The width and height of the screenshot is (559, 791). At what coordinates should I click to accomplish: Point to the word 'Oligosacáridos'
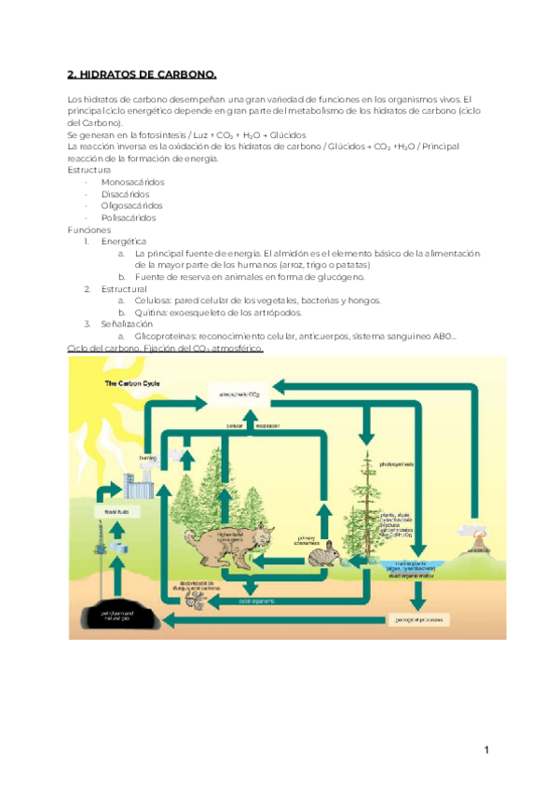tap(131, 205)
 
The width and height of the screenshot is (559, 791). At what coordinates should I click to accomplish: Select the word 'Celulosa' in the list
tap(154, 300)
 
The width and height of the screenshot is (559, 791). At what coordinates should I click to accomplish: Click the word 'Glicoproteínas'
tap(165, 336)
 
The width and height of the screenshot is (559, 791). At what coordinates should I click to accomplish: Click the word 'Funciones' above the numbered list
tap(89, 229)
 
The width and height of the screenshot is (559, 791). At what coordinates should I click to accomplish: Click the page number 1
tap(485, 750)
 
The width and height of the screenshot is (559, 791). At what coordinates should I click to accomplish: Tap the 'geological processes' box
tap(416, 593)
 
